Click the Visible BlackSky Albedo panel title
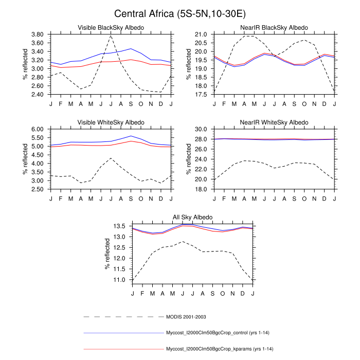[111, 27]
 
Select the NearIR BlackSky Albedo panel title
[275, 27]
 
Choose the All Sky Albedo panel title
[192, 218]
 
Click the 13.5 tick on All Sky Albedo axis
[119, 226]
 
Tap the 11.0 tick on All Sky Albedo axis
[119, 280]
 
